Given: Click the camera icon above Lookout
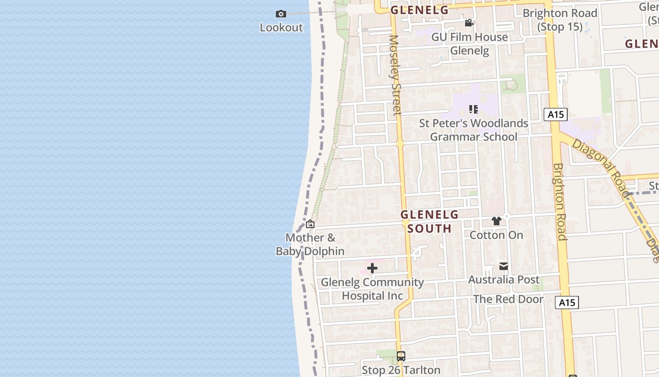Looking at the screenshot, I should (x=281, y=14).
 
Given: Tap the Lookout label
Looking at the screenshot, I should (x=281, y=27).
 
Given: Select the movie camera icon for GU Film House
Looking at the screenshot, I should (x=469, y=23).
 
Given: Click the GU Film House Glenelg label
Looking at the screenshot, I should (x=470, y=43).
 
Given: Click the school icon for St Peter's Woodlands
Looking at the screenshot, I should (x=474, y=109).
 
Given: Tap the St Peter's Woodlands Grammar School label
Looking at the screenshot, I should (x=474, y=130).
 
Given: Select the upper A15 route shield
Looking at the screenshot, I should (x=555, y=114).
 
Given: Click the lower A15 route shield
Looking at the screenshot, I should (x=567, y=303).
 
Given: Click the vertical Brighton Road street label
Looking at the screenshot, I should (x=560, y=202).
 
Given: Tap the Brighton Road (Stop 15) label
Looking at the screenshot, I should (x=560, y=20).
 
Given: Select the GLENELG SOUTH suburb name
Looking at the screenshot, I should (x=429, y=221).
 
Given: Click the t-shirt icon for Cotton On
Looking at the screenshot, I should (x=496, y=221).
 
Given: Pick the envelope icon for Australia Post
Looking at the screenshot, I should (x=504, y=266).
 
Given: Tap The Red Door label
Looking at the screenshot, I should (x=508, y=299).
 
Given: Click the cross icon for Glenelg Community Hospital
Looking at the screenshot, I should (x=372, y=268).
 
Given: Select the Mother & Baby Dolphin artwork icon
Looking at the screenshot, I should (x=310, y=224).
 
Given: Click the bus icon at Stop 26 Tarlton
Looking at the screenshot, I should (x=401, y=356).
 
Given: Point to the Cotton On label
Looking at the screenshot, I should (x=497, y=235).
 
